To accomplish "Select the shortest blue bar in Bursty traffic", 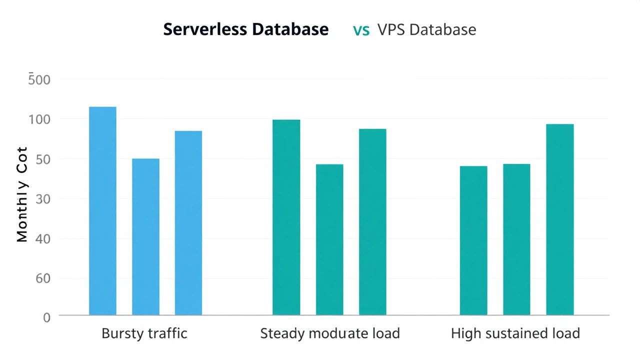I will point(145,237).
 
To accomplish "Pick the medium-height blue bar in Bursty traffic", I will point(188,223).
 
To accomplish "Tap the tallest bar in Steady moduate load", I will point(286,217).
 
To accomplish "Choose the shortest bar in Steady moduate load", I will point(329,239).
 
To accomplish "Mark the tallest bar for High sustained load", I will point(559,219).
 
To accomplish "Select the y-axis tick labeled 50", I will point(43,159).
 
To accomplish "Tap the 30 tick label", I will point(43,199).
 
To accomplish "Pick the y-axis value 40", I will point(43,238).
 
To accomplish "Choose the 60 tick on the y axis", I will point(43,278).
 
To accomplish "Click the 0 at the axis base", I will point(46,317).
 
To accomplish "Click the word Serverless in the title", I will point(205,29).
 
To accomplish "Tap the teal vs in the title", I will point(361,30).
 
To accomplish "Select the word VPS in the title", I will point(391,29).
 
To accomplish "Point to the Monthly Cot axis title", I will point(22,195).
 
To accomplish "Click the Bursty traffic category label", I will point(144,333).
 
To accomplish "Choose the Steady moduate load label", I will point(330,333).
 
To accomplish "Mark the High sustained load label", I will point(515,333).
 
